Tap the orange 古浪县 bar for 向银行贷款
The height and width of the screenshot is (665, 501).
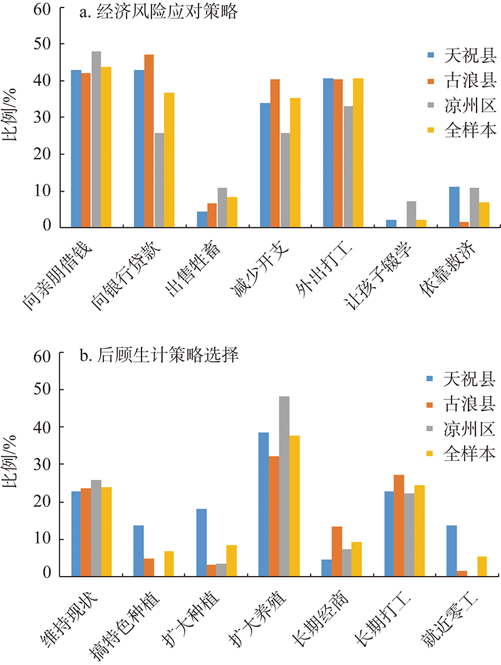tap(149, 140)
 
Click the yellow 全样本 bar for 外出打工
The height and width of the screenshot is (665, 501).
tap(358, 152)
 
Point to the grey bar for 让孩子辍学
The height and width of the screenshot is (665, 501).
tap(411, 214)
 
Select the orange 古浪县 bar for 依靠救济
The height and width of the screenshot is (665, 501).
tap(464, 224)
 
